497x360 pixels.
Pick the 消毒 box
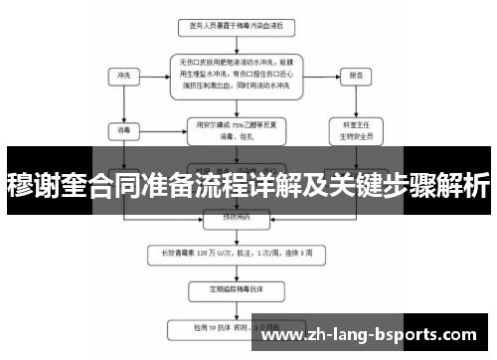pos(123,129)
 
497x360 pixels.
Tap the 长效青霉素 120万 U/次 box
pos(235,253)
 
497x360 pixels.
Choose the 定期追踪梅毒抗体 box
pos(235,290)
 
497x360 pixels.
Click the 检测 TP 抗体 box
pos(235,327)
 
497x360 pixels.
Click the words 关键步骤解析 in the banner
pos(417,183)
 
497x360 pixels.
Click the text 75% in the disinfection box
pos(236,124)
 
